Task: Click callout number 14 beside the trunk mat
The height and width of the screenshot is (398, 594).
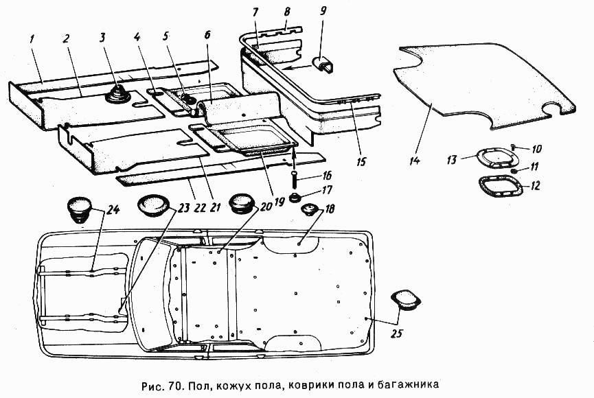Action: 415,161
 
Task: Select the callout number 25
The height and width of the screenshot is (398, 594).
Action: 398,333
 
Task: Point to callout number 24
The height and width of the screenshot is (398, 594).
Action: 113,209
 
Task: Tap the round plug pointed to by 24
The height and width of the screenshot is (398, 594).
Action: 79,210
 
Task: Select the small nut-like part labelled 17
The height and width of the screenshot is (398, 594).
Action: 295,198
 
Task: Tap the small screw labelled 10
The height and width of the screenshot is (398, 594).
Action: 514,147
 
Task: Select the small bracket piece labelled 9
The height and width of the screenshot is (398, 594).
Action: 323,65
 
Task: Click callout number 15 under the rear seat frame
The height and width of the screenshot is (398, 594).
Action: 361,162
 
